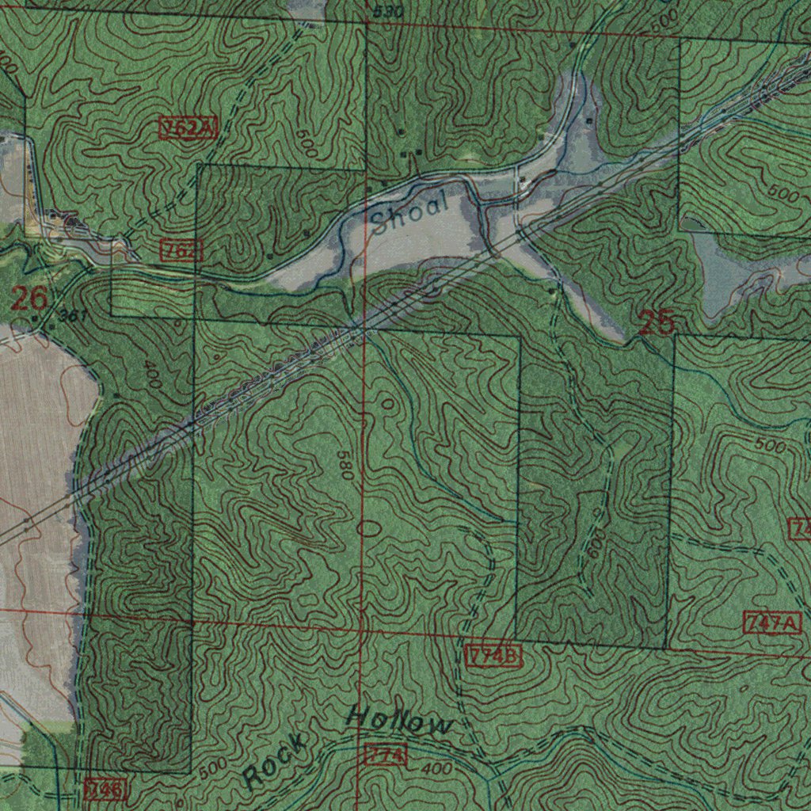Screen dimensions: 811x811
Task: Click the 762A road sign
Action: click(188, 128)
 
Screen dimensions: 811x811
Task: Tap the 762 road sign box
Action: click(182, 252)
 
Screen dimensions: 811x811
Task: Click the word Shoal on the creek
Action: click(409, 212)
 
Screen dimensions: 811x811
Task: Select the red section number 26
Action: click(29, 299)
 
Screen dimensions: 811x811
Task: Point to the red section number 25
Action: click(657, 323)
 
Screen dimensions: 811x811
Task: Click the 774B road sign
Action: click(493, 657)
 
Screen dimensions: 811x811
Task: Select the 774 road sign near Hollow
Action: click(386, 755)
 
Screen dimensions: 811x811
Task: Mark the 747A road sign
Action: click(774, 623)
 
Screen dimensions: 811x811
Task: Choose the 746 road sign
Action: click(105, 789)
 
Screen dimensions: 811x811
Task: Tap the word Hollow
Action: click(400, 722)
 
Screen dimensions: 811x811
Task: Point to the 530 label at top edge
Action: click(388, 12)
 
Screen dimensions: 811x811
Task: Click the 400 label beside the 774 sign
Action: click(436, 769)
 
